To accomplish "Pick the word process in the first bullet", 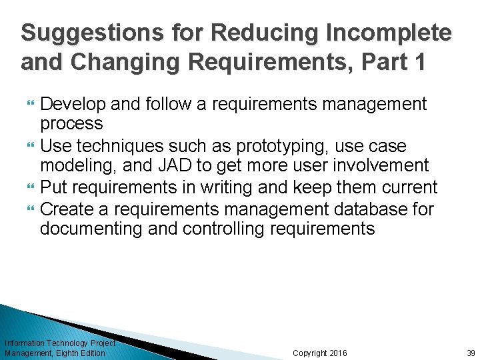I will point(71,124).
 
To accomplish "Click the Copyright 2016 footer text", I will point(319,353).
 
